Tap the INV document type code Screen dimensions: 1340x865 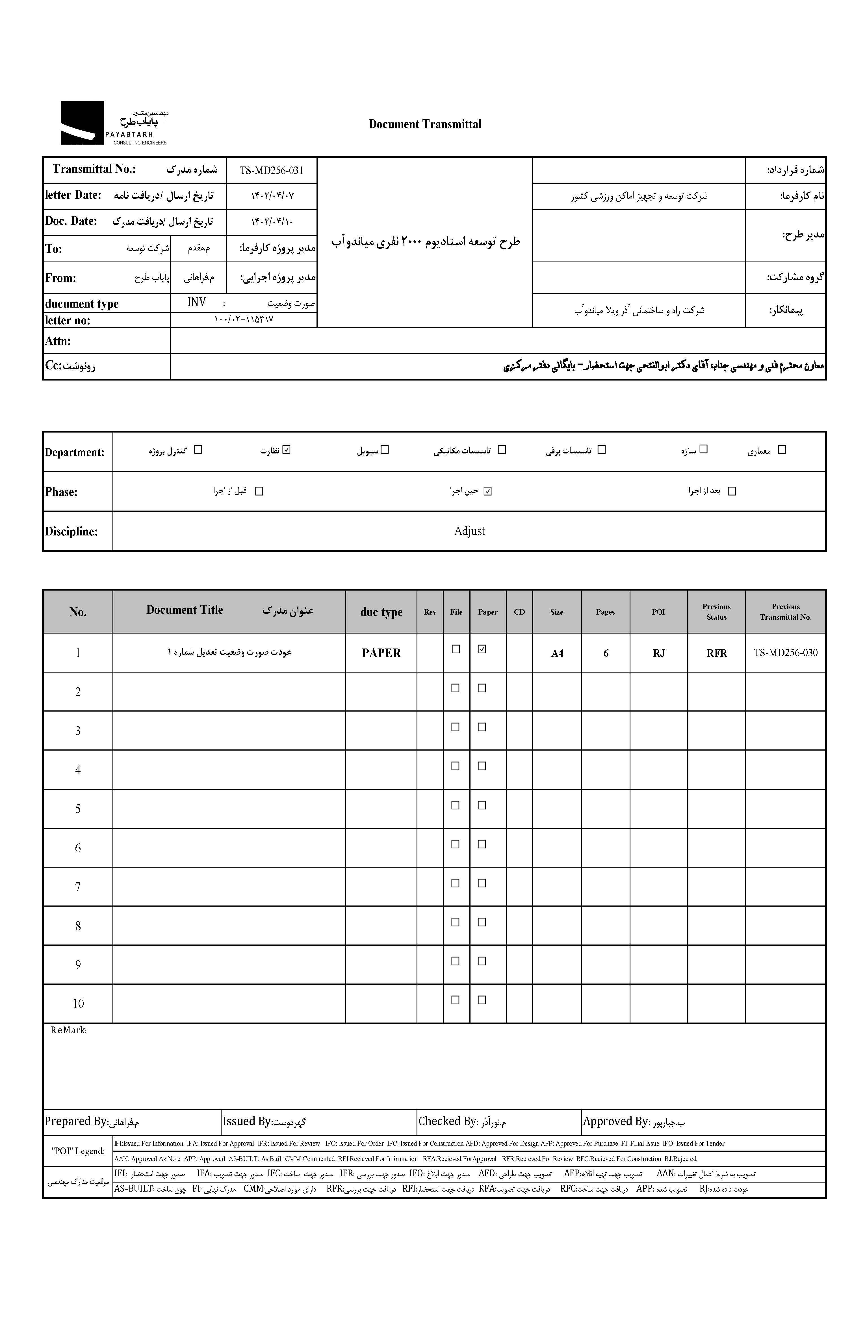point(197,302)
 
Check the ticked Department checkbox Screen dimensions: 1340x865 point(287,449)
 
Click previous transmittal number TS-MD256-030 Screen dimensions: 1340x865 point(785,653)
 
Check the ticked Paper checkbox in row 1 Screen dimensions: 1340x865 point(481,649)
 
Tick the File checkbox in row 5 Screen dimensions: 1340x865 point(456,805)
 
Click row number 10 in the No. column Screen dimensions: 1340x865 point(78,1004)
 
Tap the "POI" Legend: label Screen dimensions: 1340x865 point(78,1151)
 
